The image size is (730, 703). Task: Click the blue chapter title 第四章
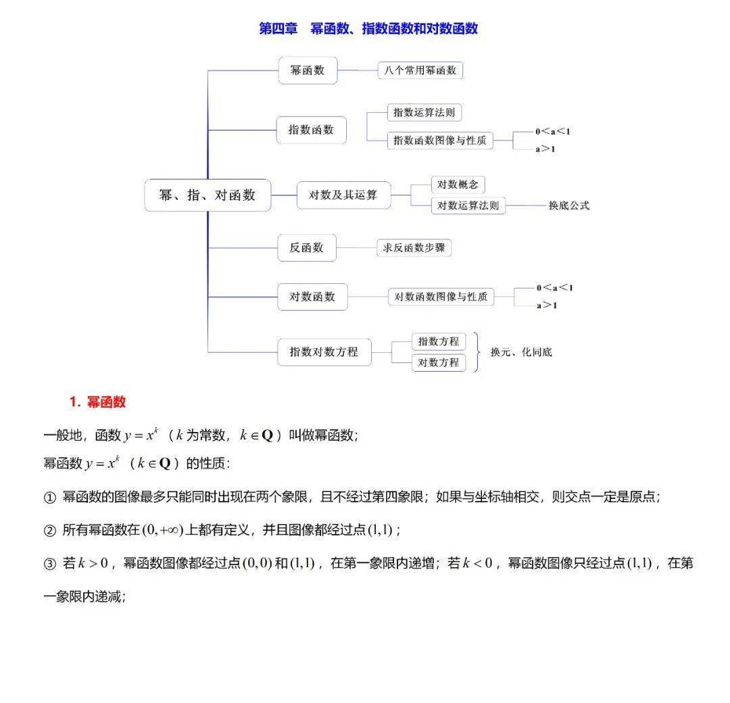click(x=278, y=28)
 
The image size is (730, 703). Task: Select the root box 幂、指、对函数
click(x=208, y=195)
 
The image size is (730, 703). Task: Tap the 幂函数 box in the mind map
click(x=308, y=70)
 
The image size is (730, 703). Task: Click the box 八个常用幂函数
click(x=420, y=70)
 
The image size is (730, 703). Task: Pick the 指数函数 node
click(x=311, y=130)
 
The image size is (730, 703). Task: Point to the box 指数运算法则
click(x=424, y=112)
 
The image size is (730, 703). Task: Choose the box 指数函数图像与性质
click(x=440, y=140)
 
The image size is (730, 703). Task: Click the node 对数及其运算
click(x=343, y=195)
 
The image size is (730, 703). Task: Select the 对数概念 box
click(x=458, y=185)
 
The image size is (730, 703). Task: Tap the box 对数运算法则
click(x=468, y=205)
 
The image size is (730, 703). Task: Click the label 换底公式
click(x=569, y=205)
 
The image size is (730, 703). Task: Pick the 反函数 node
click(x=307, y=247)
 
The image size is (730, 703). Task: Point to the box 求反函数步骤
click(x=414, y=247)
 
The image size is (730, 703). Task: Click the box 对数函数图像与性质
click(x=441, y=297)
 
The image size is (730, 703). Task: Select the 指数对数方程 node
click(x=324, y=352)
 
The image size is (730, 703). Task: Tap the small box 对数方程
click(x=439, y=363)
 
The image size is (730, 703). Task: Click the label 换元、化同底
click(x=521, y=352)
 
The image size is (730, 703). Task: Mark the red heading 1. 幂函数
click(x=98, y=402)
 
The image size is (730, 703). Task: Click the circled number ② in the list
click(x=50, y=531)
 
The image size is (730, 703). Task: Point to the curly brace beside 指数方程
click(x=477, y=352)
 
